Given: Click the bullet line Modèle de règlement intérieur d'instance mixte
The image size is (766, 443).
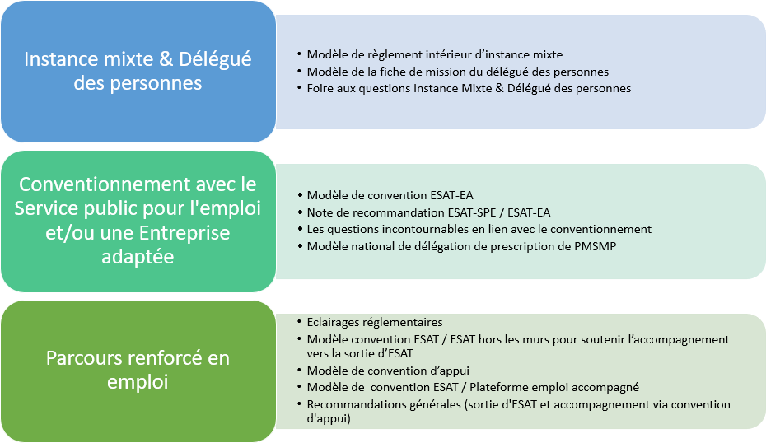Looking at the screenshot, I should [x=434, y=54].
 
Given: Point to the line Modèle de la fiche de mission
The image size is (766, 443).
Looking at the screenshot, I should [x=457, y=72].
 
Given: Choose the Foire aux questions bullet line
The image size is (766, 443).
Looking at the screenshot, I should [x=469, y=88].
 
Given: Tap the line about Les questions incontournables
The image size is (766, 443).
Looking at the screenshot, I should [x=479, y=229].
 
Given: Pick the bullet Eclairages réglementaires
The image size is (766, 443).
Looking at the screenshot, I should [x=374, y=322].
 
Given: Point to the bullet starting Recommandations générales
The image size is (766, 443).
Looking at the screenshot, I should [x=518, y=404].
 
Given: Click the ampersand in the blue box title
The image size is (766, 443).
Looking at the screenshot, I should [x=172, y=60].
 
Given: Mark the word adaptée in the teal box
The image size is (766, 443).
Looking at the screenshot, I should [x=138, y=257].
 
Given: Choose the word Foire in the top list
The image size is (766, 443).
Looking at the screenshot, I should [x=321, y=88].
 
